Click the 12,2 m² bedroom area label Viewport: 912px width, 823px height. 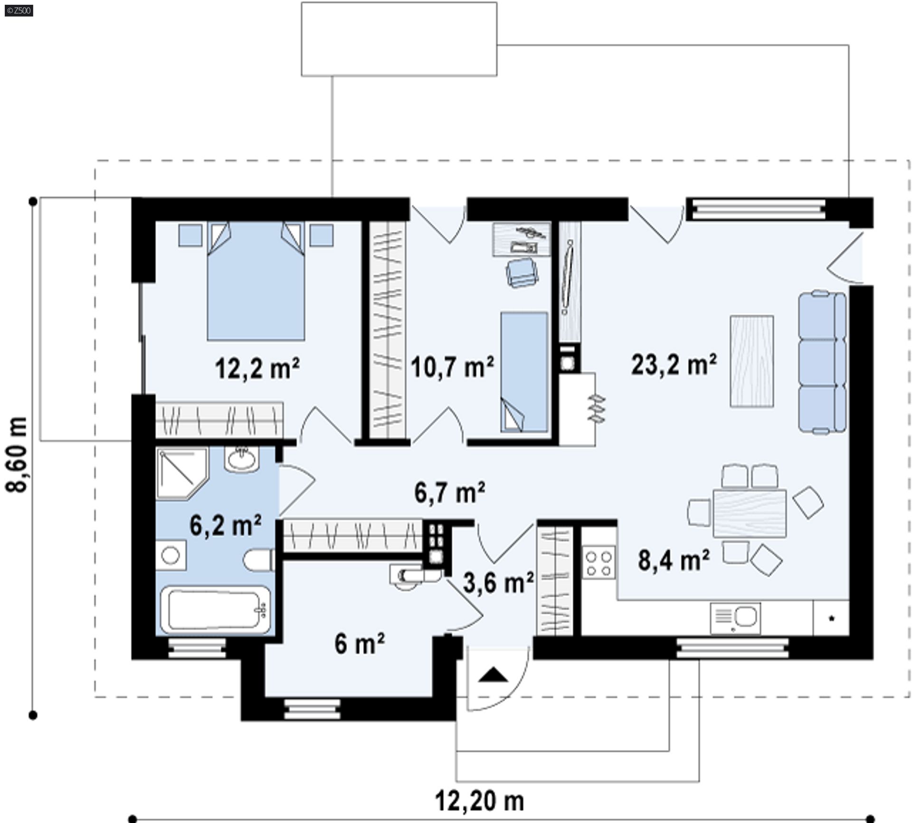[x=257, y=368]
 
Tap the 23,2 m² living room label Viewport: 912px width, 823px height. [x=674, y=365]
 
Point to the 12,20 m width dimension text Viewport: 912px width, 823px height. [x=479, y=802]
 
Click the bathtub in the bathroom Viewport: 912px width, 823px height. [x=215, y=610]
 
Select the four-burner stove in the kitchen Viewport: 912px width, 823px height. [x=598, y=563]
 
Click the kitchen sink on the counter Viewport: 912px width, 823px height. [x=735, y=617]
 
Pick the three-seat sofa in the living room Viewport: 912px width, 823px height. [x=822, y=362]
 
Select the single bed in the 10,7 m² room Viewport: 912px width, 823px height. [x=524, y=372]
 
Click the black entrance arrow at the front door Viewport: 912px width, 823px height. [x=493, y=675]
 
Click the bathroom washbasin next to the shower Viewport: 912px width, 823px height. [x=242, y=459]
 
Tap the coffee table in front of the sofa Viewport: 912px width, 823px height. [x=751, y=361]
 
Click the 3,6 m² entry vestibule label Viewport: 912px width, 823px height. [x=498, y=582]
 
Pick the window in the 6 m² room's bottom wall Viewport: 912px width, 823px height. [x=313, y=709]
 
